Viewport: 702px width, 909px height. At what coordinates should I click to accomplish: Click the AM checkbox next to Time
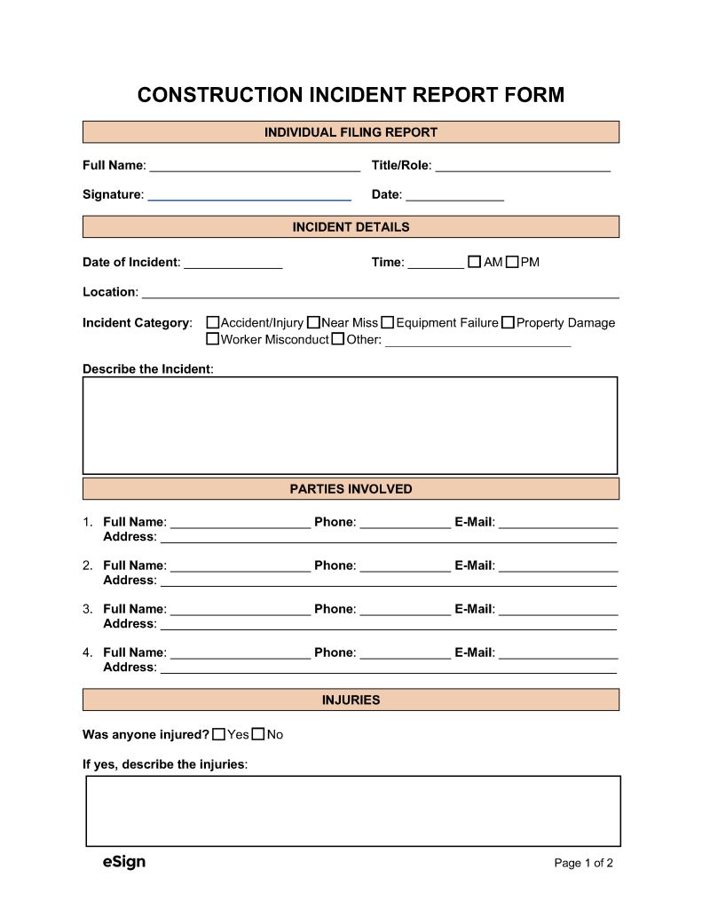point(474,262)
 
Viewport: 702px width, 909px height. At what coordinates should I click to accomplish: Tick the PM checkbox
point(512,262)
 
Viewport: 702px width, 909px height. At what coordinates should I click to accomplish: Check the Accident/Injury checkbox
point(213,323)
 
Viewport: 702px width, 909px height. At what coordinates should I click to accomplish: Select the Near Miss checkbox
point(313,323)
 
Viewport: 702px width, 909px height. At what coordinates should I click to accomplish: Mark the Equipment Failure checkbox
point(388,323)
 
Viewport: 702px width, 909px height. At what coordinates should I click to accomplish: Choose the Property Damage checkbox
point(508,323)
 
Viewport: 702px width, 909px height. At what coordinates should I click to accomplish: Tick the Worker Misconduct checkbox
point(213,339)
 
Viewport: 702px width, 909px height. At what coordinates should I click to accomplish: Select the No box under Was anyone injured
point(258,734)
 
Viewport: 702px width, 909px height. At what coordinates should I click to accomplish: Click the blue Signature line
point(249,197)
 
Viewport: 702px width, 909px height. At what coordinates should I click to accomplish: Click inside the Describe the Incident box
point(350,425)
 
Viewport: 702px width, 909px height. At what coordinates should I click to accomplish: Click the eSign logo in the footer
point(124,862)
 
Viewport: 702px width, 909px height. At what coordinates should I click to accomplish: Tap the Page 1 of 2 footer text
point(583,863)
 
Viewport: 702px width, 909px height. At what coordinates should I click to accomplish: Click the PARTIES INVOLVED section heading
point(351,489)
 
